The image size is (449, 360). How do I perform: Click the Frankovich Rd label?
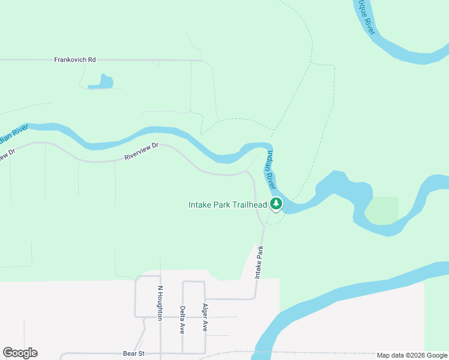pos(75,60)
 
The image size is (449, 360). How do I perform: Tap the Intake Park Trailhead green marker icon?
pos(276,205)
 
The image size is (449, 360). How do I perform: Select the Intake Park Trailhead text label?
pos(228,205)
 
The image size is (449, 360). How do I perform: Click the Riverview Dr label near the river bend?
pos(140,154)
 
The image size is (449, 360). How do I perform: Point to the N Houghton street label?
pos(160,302)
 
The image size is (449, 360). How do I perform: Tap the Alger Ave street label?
pos(205,317)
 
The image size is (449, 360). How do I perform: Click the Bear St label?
pos(134,353)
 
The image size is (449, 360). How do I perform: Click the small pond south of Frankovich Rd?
pos(102,82)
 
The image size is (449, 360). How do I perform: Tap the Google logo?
pos(20,353)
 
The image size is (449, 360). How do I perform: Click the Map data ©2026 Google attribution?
pos(411,355)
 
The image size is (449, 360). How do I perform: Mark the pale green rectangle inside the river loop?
pos(382,209)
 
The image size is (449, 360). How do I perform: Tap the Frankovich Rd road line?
pos(150,60)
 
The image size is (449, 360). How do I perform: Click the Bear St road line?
pos(90,353)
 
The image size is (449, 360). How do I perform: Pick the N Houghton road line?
pos(160,336)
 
